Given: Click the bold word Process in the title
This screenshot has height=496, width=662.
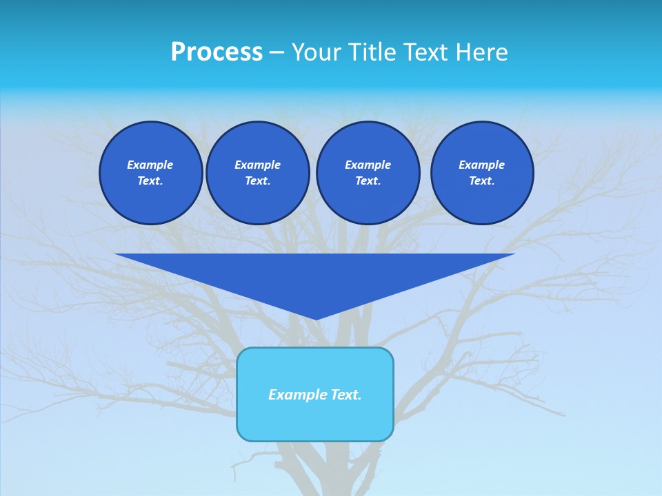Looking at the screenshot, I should [x=217, y=52].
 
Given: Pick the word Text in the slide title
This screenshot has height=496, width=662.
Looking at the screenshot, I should [x=426, y=52].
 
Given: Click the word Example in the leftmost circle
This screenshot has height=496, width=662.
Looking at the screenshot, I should [x=150, y=165].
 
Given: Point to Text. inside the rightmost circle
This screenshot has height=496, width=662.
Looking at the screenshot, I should [x=482, y=181].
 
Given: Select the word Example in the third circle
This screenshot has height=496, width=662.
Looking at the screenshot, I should [x=368, y=165].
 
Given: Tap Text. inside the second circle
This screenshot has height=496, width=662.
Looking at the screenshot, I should [x=257, y=181].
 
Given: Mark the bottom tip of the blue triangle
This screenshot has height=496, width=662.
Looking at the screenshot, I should [x=315, y=318].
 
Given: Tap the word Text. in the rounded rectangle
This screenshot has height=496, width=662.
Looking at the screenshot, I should [x=347, y=395].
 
